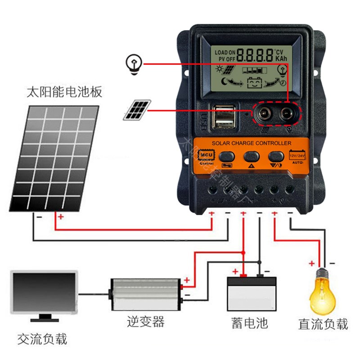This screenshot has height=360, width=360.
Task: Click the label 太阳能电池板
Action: click(64, 93)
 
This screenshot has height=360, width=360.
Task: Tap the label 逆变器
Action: click(145, 321)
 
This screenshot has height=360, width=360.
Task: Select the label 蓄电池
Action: click(250, 323)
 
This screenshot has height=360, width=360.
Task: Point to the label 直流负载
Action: click(323, 324)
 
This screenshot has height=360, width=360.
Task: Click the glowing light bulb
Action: click(323, 292)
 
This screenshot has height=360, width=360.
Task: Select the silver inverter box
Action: click(145, 294)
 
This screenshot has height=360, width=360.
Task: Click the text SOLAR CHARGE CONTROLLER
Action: click(252, 143)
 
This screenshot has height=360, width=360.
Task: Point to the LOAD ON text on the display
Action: click(225, 53)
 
